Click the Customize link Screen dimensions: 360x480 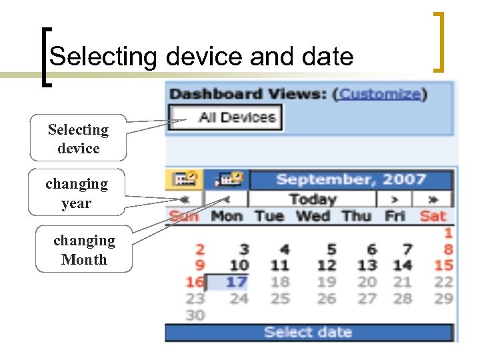point(380,94)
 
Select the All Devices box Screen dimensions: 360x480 point(226,118)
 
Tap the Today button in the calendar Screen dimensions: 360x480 point(312,199)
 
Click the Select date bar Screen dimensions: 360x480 point(309,332)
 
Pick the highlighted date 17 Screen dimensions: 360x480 point(236,282)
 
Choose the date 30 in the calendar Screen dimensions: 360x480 point(195,315)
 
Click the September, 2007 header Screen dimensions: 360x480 point(351,179)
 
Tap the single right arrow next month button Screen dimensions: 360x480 point(395,199)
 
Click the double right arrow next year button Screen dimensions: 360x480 point(433,199)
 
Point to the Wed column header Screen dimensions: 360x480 point(312,216)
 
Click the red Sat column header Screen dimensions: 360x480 point(433,216)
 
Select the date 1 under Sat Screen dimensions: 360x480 point(448,233)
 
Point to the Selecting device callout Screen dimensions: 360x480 point(78,139)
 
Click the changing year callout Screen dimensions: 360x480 point(76,193)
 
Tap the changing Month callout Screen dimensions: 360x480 point(84,250)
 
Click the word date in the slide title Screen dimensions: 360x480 point(327,57)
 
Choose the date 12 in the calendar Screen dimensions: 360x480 point(327,265)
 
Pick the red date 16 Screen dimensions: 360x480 point(195,282)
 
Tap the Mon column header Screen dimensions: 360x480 point(227,216)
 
